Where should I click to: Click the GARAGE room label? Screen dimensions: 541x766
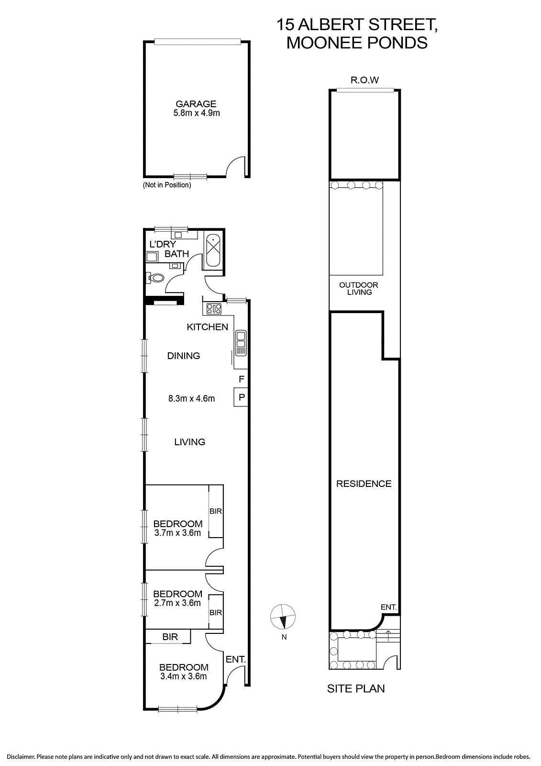(196, 103)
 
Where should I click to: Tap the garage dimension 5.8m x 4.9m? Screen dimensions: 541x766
(196, 113)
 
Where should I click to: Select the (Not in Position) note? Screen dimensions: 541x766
(167, 185)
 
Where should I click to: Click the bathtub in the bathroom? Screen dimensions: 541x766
(213, 249)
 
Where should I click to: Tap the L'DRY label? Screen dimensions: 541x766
(162, 244)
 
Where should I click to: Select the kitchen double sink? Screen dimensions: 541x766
(241, 343)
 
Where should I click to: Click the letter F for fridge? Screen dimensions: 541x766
(241, 379)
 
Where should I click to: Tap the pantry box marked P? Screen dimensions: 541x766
(241, 397)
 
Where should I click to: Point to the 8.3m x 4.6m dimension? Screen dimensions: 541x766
(191, 398)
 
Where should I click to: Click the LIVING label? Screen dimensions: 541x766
(190, 442)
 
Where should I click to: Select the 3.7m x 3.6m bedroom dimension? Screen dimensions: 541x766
(177, 533)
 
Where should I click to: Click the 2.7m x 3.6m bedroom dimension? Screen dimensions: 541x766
(177, 603)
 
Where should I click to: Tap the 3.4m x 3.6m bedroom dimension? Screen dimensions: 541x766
(184, 676)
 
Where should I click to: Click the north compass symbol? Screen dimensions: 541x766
(283, 617)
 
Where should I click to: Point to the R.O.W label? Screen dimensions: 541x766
(364, 80)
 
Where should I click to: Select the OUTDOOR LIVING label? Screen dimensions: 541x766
(359, 289)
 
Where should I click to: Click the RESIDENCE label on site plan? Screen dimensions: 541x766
(364, 484)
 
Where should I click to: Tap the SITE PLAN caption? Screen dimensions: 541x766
(356, 689)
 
